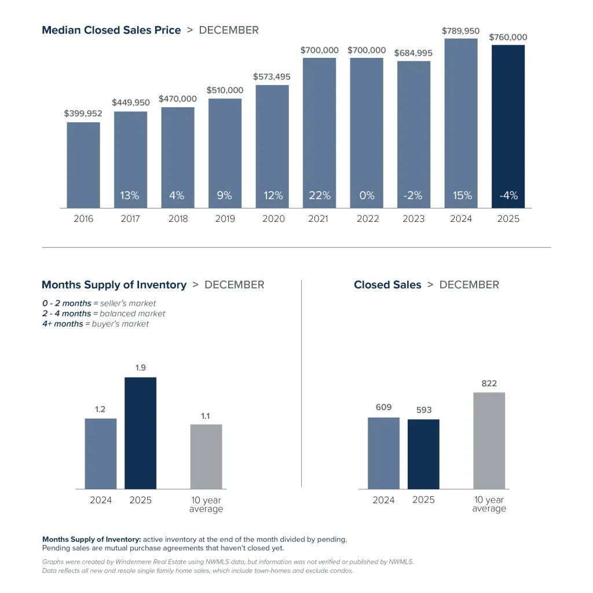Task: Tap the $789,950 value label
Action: click(x=461, y=30)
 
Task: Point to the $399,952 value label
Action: click(x=83, y=114)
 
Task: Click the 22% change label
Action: click(x=319, y=196)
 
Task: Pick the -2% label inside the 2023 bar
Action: click(x=413, y=196)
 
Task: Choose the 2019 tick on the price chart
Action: click(x=225, y=219)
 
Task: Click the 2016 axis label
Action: click(x=83, y=219)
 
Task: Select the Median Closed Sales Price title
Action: click(x=111, y=30)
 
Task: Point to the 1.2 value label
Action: click(x=100, y=409)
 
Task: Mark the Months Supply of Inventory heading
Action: click(x=114, y=285)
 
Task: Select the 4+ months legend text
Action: click(x=62, y=324)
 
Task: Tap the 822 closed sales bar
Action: click(x=489, y=440)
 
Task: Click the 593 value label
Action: click(x=423, y=410)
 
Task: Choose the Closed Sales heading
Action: click(x=387, y=285)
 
